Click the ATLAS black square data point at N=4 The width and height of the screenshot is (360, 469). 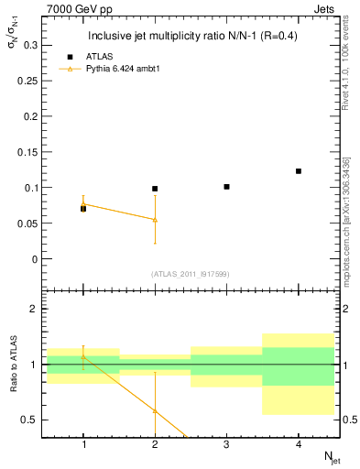click(299, 171)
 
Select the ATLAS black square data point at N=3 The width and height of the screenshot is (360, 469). click(226, 187)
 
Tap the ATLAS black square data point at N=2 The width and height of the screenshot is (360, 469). click(155, 189)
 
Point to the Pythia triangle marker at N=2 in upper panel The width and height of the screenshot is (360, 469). click(155, 220)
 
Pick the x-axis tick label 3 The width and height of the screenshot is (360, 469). click(226, 444)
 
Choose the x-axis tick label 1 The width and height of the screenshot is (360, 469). click(82, 444)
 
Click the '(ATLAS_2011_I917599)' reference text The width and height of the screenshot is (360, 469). click(190, 274)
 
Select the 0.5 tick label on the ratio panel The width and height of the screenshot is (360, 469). click(30, 420)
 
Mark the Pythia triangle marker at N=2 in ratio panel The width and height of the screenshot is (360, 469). click(155, 410)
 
